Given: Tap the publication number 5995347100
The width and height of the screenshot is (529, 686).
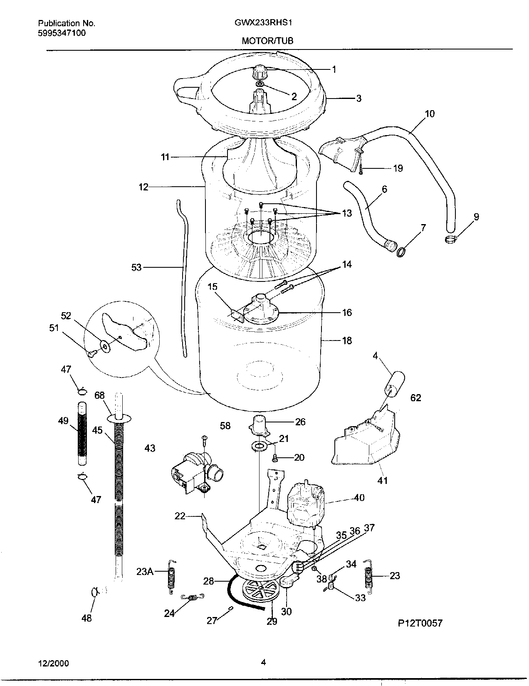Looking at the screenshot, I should tap(62, 33).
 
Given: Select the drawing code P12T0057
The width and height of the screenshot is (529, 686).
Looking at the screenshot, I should tap(420, 622).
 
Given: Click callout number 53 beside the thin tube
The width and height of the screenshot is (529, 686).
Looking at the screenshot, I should tap(136, 267).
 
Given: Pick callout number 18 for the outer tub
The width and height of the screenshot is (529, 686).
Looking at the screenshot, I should tap(347, 341).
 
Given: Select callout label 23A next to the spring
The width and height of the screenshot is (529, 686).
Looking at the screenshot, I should tap(144, 572).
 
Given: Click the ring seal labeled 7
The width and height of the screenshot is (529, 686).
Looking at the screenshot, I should tap(402, 252).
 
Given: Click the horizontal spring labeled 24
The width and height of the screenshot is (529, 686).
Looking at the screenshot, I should tap(192, 597).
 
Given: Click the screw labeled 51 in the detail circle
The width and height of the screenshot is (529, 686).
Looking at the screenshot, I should tap(92, 353).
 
